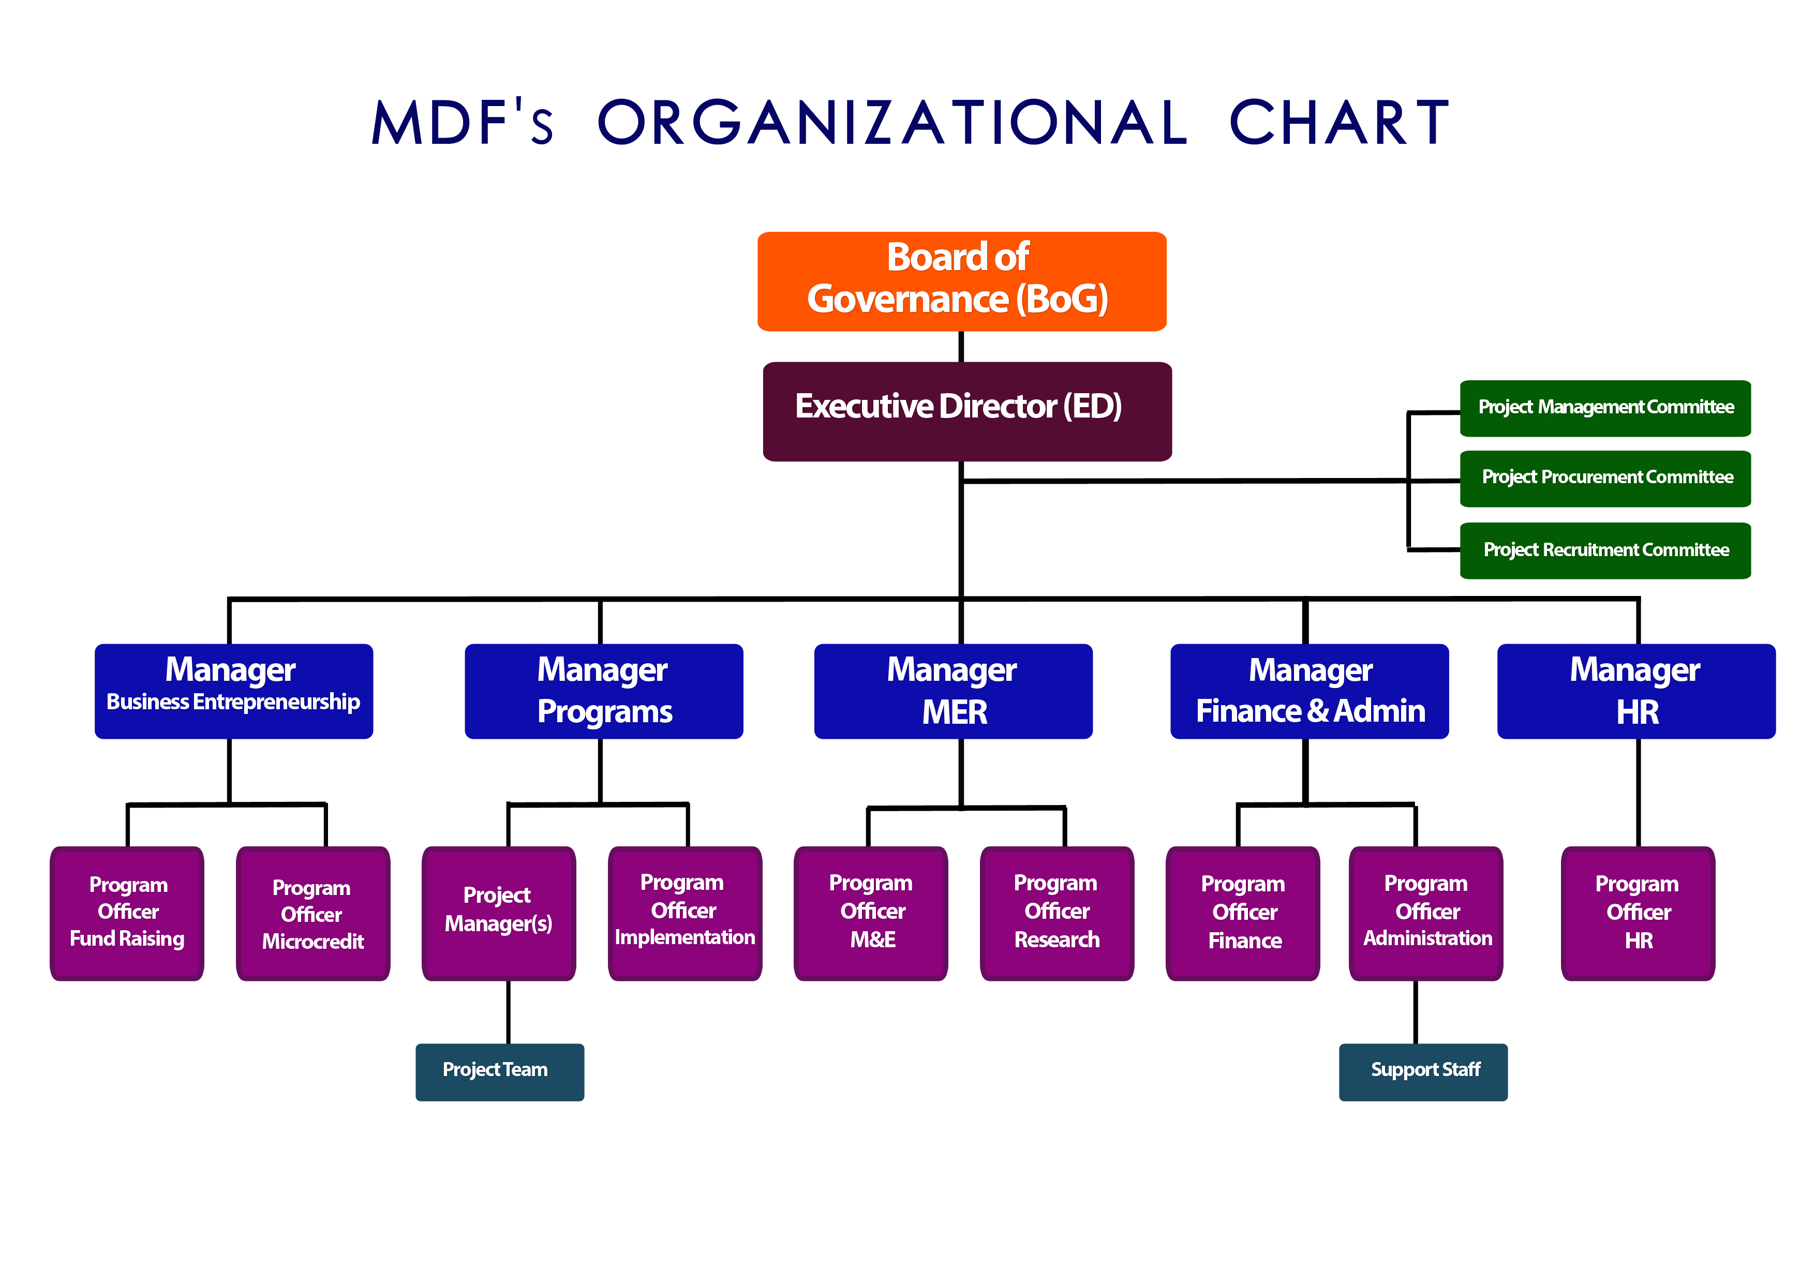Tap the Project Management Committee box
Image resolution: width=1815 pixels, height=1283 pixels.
coord(1605,408)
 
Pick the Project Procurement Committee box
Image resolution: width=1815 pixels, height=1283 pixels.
coord(1605,478)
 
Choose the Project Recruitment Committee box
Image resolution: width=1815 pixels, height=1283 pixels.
coord(1605,550)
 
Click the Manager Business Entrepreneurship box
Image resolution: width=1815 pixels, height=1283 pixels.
coord(233,691)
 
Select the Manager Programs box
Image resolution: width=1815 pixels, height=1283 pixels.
coord(603,691)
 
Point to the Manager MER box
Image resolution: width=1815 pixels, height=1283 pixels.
coord(953,691)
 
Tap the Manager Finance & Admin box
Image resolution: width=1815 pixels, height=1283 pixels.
coord(1309,691)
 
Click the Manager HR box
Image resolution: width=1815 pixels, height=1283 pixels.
coord(1635,691)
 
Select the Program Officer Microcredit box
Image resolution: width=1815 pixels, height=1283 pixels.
coord(313,913)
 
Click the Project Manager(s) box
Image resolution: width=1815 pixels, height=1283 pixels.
coord(498,913)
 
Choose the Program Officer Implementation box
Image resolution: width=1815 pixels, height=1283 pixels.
coord(685,913)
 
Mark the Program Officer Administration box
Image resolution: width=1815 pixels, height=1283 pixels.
coord(1425,913)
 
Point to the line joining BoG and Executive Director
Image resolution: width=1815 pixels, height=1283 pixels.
coord(961,346)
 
